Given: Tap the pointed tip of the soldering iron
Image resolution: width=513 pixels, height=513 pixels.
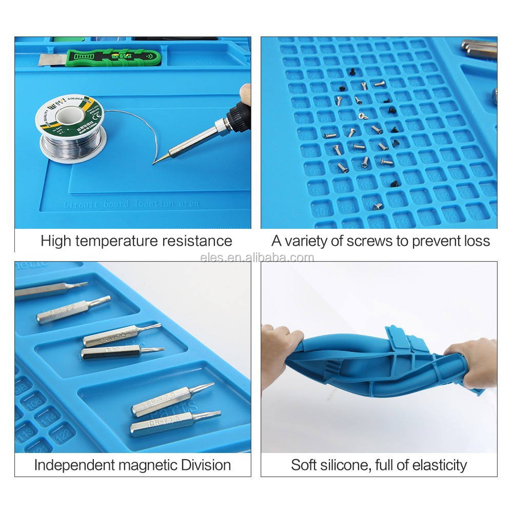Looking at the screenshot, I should point(155,163).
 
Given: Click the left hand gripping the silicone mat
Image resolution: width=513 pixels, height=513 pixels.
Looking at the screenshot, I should point(280,349).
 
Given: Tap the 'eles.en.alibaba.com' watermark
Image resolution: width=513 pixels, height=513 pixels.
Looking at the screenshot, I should point(256,257).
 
